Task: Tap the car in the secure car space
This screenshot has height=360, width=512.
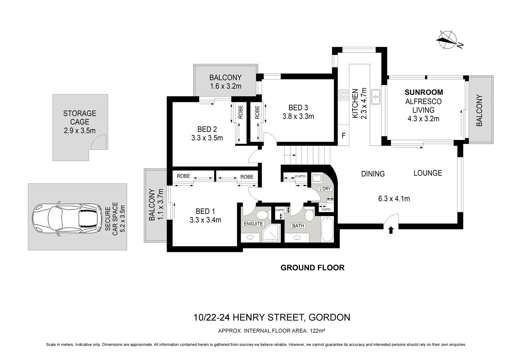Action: [x=67, y=219]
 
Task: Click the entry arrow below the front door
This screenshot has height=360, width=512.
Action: [x=391, y=230]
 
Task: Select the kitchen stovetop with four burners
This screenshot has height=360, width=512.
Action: [x=343, y=95]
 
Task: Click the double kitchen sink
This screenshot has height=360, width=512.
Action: [x=376, y=97]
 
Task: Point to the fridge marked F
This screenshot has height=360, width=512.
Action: [x=343, y=136]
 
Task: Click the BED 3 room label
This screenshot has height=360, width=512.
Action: [x=298, y=108]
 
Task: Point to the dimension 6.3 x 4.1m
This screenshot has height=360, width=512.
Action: [x=394, y=199]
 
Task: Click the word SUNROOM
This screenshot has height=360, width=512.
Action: [x=424, y=92]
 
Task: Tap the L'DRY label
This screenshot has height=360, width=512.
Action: [x=325, y=189]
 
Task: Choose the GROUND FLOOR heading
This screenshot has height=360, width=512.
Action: [x=312, y=268]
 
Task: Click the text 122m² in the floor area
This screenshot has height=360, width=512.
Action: [x=317, y=331]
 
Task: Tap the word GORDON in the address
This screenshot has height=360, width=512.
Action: [x=329, y=317]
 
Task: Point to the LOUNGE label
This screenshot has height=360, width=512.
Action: [x=428, y=173]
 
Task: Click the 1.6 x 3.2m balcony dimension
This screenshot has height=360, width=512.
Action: [x=225, y=86]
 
